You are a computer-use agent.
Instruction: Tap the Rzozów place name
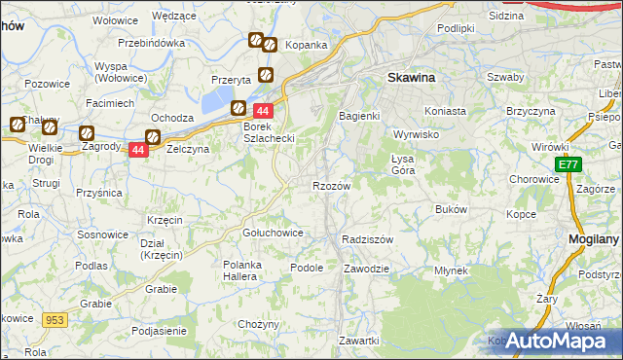tap(331, 185)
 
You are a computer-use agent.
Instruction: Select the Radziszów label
tap(368, 238)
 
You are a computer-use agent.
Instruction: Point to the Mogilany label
tap(595, 237)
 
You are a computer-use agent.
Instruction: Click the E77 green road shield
tap(568, 166)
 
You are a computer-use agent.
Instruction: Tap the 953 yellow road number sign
tap(54, 318)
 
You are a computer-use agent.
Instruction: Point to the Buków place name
tap(452, 209)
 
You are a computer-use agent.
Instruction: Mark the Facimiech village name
tap(109, 102)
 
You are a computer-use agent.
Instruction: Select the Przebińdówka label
tap(151, 43)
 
